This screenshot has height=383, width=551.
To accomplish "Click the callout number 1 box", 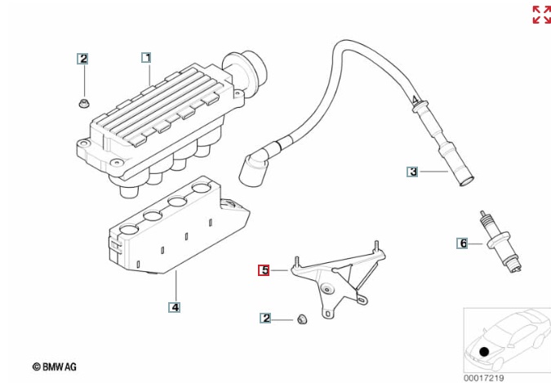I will point(146,57).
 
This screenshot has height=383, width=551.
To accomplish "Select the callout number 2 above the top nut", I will point(83,58).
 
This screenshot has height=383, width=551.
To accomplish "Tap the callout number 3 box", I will point(413,171).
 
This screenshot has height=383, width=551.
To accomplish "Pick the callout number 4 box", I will point(175,307).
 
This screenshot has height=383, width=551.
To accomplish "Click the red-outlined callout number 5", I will point(264,269).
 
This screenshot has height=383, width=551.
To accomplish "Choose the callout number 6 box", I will point(463,243).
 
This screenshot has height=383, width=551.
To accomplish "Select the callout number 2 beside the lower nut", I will point(266,318).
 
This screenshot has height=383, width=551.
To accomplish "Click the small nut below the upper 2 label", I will point(83,102).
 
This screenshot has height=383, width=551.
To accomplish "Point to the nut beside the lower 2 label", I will point(300,318).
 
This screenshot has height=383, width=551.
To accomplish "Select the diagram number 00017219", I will point(484,377).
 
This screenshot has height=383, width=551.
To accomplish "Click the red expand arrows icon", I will point(541,15).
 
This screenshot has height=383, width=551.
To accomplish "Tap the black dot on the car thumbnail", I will point(485,352).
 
